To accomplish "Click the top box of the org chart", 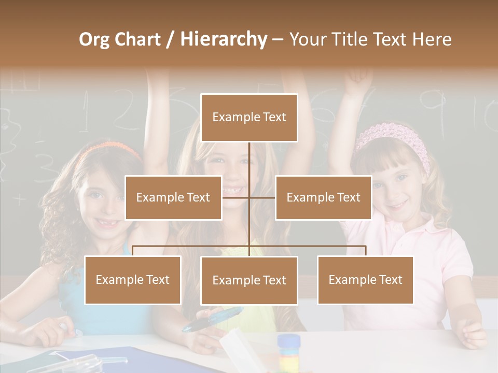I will [249, 118].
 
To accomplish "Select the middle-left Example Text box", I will [173, 197].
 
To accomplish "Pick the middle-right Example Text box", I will [323, 197].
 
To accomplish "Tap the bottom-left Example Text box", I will [133, 280].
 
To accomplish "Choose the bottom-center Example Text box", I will [249, 280].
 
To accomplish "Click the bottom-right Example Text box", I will [365, 280].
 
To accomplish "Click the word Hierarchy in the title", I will [224, 39].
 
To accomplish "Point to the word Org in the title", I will [95, 39].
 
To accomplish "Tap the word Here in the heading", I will [431, 39].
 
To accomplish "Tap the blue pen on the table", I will [213, 319].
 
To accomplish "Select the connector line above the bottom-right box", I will [366, 250].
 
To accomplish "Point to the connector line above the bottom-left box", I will [133, 250].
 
